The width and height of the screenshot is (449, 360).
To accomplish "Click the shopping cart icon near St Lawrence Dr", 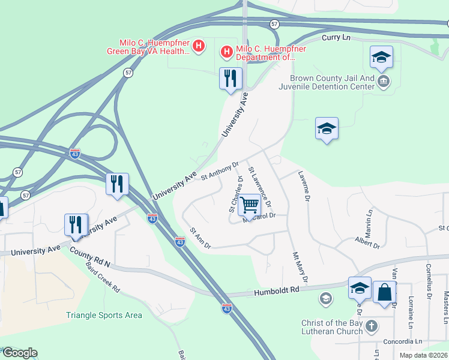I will click(249, 205).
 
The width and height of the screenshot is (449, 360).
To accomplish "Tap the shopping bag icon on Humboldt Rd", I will click(384, 293).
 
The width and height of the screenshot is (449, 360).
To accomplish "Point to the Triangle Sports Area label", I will click(104, 315).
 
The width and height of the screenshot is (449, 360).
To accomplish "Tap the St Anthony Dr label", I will click(220, 170).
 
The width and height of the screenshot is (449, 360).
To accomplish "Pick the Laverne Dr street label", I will click(304, 185).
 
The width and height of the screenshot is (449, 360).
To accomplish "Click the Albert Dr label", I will click(367, 243).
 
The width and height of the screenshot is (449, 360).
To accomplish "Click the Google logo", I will click(20, 353).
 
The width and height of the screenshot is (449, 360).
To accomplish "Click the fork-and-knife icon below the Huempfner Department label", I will click(231, 79).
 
